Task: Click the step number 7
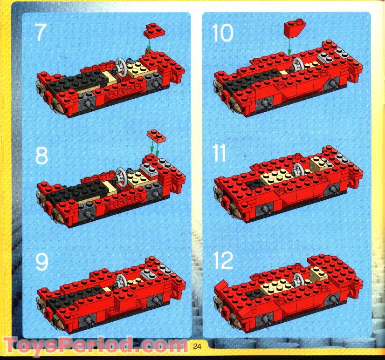[x=41, y=34]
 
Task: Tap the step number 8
[x=41, y=156]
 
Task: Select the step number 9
[x=41, y=263]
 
